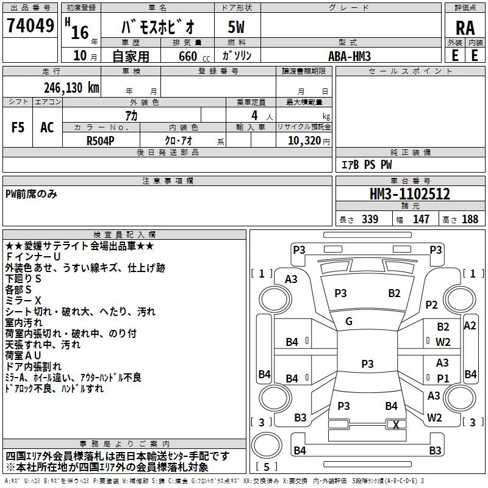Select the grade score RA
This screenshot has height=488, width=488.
click(x=465, y=28)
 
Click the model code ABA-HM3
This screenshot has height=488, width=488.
click(x=349, y=56)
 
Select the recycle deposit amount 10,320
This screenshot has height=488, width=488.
click(x=303, y=140)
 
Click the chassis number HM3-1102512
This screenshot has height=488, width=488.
click(x=410, y=194)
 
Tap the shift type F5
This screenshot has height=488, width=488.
click(x=18, y=127)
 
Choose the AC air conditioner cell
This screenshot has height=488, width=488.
click(x=47, y=127)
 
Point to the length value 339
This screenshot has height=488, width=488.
click(x=370, y=219)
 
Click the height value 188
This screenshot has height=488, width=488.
click(x=470, y=219)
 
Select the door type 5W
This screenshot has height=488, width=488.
click(x=236, y=28)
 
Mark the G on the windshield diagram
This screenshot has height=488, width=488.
click(x=349, y=321)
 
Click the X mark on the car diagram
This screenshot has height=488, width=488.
click(x=396, y=425)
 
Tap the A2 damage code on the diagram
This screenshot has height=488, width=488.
click(x=470, y=326)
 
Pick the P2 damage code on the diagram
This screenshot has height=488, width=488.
click(x=432, y=304)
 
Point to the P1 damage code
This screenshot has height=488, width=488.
click(x=443, y=378)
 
